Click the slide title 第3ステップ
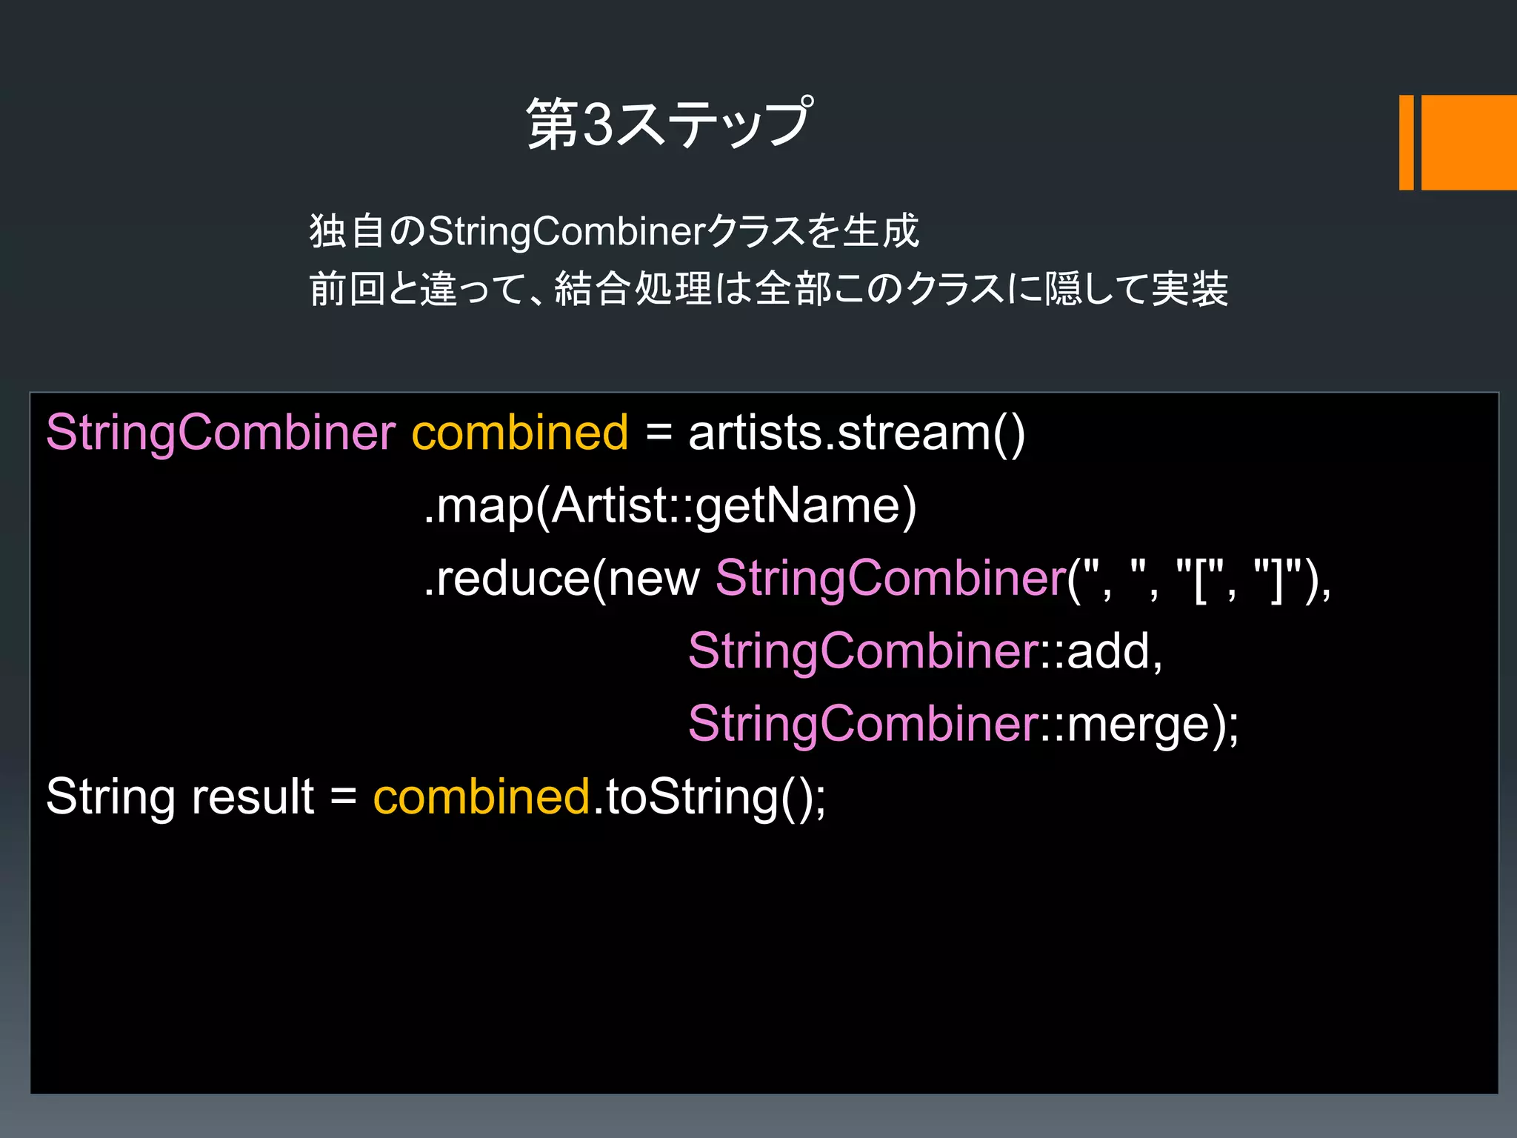click(669, 124)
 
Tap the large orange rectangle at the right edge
click(1468, 142)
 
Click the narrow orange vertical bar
click(1406, 142)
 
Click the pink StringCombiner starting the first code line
click(221, 433)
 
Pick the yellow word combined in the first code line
click(519, 433)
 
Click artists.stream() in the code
click(856, 433)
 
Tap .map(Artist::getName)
click(670, 507)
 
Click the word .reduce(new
click(561, 579)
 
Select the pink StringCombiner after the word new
click(890, 579)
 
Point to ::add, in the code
click(1102, 651)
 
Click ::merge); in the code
click(1140, 724)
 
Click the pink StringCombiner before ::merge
click(863, 724)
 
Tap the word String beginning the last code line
click(110, 797)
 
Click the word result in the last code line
click(253, 797)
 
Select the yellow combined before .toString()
click(481, 797)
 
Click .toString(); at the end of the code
click(710, 797)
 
